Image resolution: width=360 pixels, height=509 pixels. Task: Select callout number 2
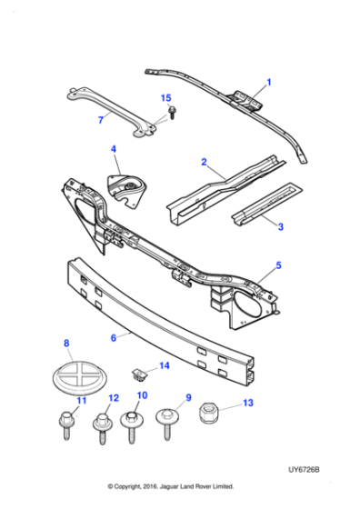[x=205, y=163]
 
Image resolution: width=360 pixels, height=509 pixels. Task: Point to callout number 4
[x=114, y=149]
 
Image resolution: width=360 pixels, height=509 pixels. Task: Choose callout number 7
[x=101, y=119]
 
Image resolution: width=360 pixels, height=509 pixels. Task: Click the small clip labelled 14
[x=139, y=372]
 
